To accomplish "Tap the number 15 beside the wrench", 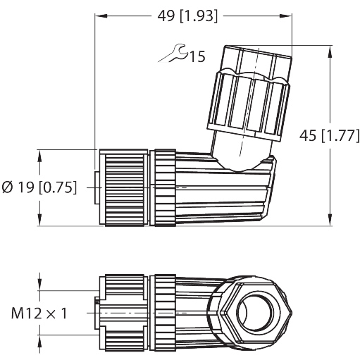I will tap(197, 57).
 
